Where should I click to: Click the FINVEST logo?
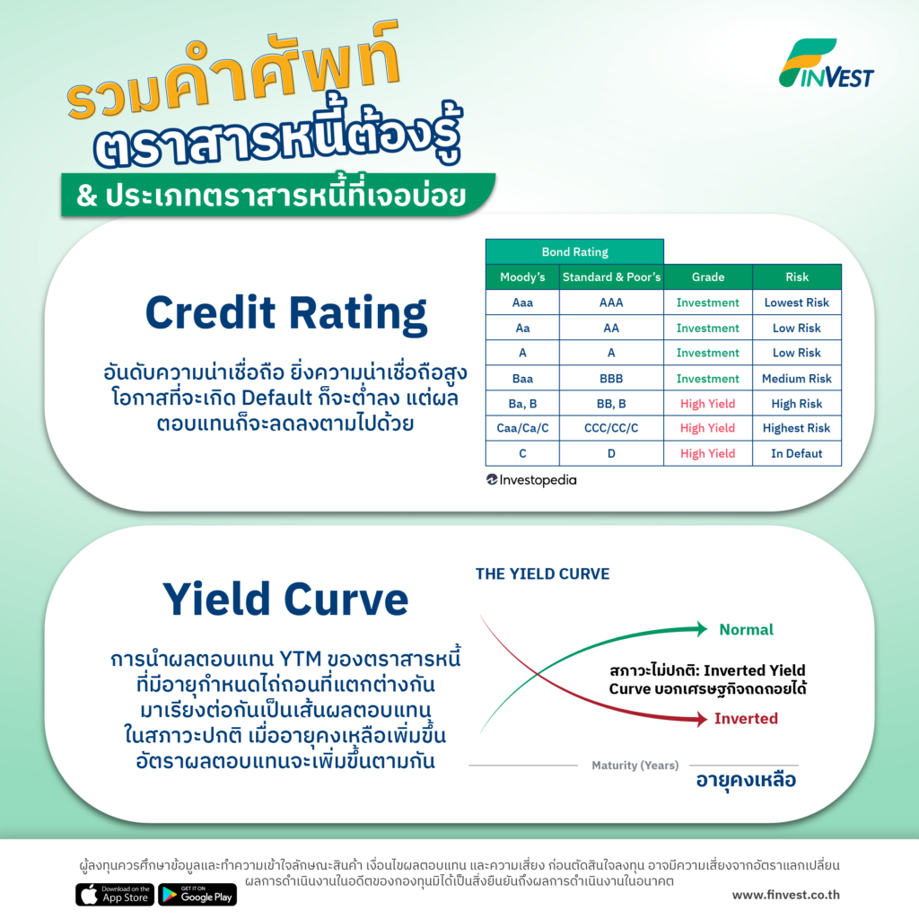826,64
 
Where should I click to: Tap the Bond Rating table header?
574,252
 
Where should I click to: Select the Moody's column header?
522,277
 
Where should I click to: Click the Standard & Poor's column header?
611,277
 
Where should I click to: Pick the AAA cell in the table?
611,302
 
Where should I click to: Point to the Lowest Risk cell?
797,302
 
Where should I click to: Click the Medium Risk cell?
797,379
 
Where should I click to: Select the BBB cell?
611,379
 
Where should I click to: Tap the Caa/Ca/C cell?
522,428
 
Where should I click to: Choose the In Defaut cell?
797,453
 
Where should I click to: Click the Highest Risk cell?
797,428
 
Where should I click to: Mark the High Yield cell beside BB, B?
707,404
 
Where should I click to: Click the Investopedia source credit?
531,480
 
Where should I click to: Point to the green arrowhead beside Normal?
702,629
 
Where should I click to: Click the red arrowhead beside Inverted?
702,719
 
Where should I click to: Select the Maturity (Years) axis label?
635,765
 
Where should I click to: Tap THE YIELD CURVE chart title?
542,573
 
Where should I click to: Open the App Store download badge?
115,895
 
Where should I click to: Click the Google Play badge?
197,895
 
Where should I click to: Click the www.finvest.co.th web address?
785,895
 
